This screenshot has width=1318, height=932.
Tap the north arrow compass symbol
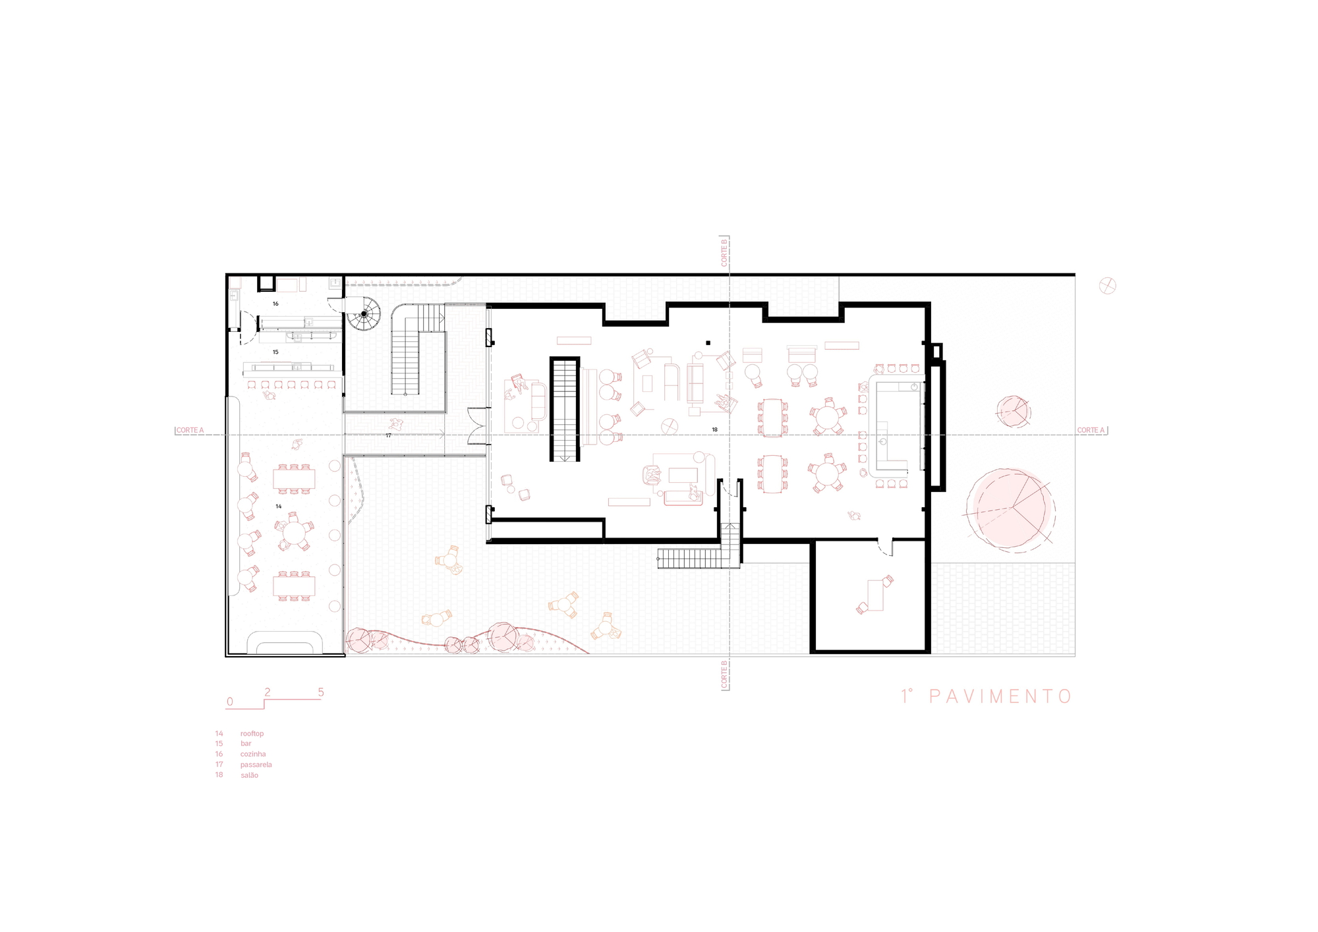click(x=1108, y=286)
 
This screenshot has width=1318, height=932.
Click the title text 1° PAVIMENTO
click(x=987, y=696)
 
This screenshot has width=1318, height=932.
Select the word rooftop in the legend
click(x=252, y=733)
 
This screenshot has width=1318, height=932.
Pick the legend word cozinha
click(x=253, y=754)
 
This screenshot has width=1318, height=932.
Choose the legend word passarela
click(x=256, y=765)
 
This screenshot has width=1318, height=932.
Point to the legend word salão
click(x=249, y=775)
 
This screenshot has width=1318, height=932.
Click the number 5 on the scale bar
click(x=321, y=692)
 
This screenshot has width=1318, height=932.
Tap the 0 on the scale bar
click(x=229, y=701)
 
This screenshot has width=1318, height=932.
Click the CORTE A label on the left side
click(x=190, y=431)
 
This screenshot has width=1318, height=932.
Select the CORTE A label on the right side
click(x=1091, y=431)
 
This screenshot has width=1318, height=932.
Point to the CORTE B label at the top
click(x=724, y=251)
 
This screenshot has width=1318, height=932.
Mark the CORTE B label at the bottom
click(x=724, y=675)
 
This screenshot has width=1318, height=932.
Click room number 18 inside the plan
click(x=714, y=429)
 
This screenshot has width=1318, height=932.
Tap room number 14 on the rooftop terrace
click(x=279, y=507)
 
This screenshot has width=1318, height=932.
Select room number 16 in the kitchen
click(x=275, y=304)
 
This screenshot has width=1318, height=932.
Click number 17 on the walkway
click(x=388, y=435)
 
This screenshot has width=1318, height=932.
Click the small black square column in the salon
click(x=708, y=343)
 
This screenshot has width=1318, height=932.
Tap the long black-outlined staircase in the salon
click(x=565, y=409)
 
